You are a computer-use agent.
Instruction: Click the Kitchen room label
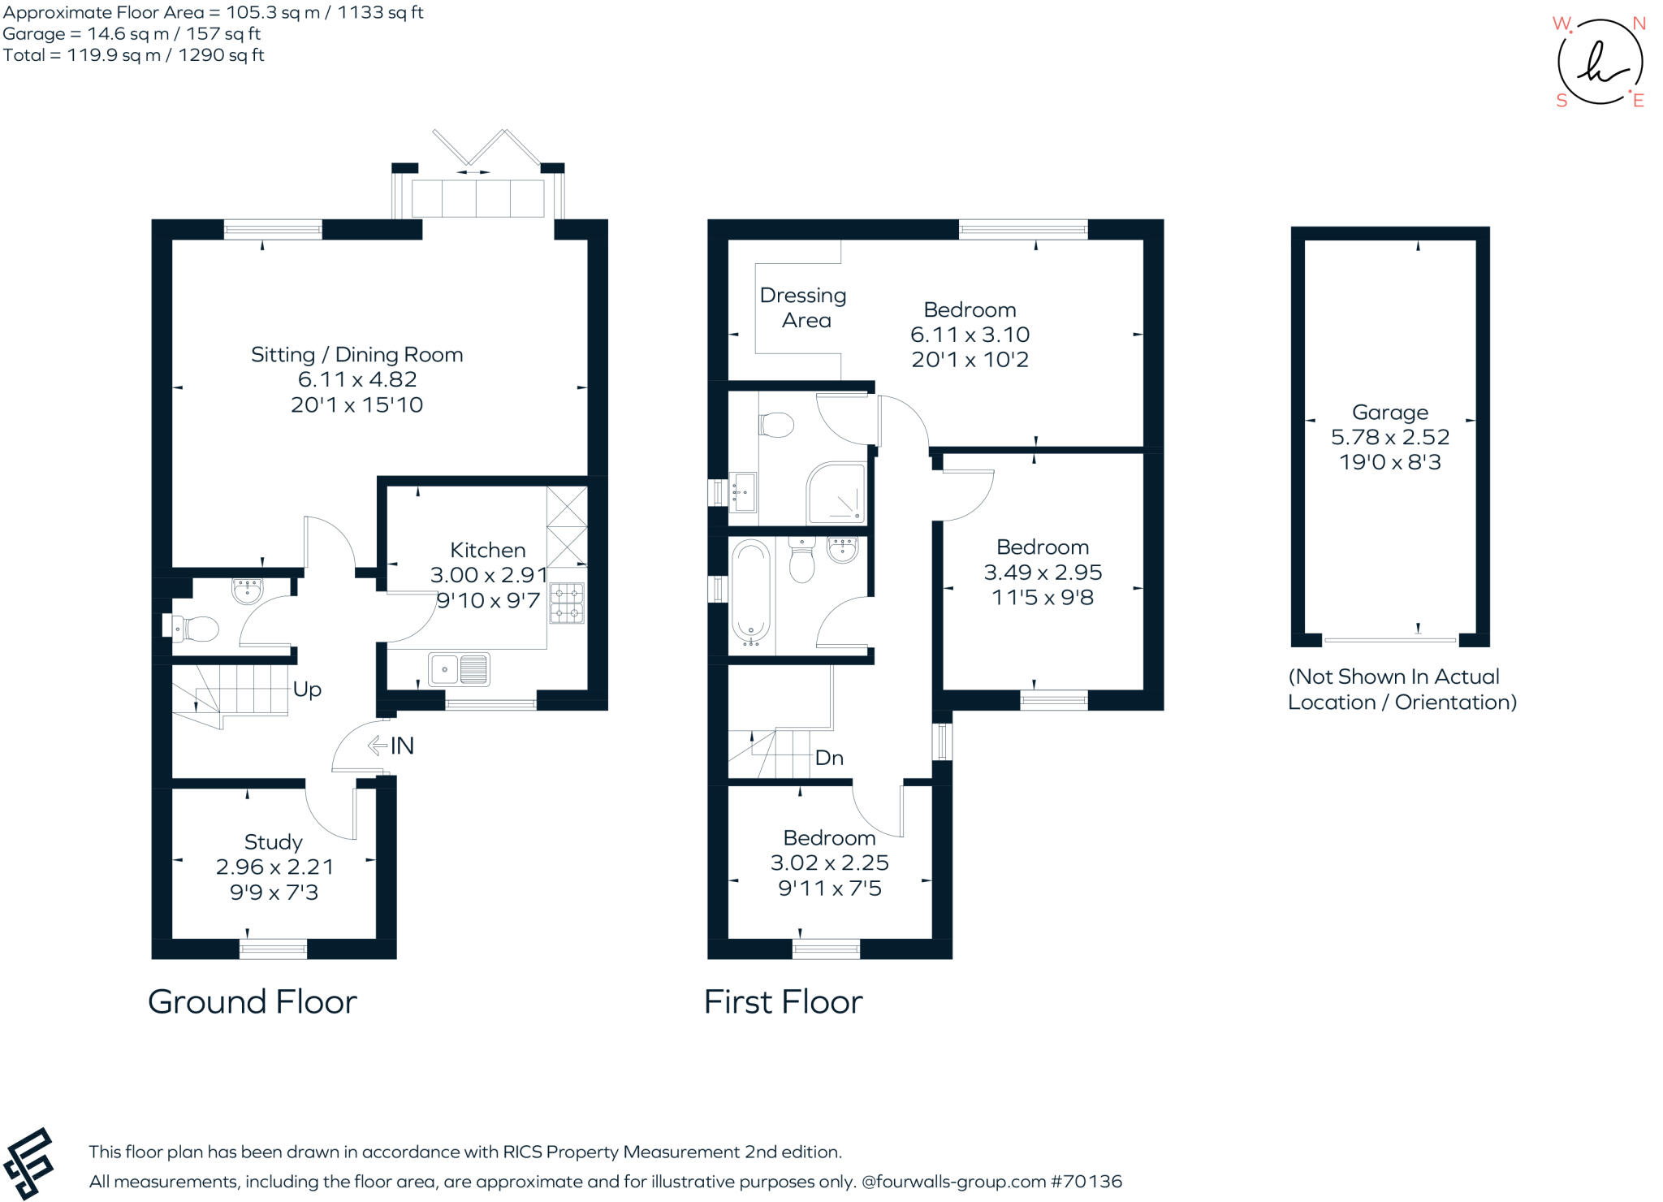488,550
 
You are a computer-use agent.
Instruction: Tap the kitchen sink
459,669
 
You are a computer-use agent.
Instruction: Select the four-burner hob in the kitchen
567,603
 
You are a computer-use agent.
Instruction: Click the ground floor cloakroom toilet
192,629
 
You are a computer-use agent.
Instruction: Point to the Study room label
274,842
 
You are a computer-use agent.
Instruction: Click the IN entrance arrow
377,746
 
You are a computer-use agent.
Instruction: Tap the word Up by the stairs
307,690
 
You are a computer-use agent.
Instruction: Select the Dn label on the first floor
829,758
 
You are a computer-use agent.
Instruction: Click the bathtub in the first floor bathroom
750,592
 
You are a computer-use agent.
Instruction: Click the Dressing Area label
804,308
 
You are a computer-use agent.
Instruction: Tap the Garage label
1390,413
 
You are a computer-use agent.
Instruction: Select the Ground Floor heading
253,1002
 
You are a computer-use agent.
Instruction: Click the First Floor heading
784,1002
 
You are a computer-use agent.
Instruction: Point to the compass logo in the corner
1600,63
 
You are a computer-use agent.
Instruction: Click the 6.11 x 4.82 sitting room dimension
357,379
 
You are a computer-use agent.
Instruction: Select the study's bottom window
274,949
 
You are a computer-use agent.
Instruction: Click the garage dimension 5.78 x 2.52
1390,437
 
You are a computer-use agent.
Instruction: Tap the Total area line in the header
134,55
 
